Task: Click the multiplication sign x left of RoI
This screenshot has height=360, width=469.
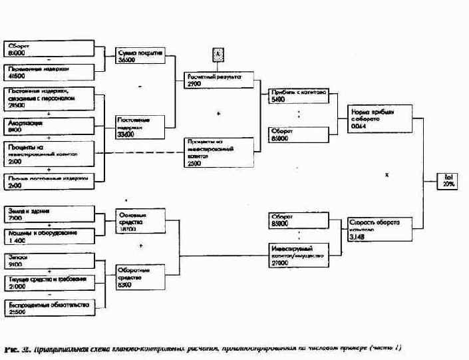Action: (387, 175)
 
